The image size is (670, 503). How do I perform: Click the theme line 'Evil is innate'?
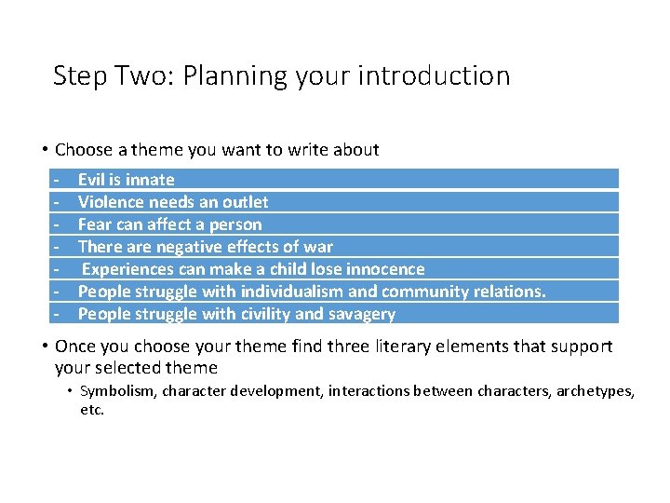126,180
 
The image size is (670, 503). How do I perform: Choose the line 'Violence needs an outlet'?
173,202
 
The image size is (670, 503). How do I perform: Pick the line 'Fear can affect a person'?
169,224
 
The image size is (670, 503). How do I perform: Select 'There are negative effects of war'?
205,247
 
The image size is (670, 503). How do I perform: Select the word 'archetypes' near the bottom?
595,392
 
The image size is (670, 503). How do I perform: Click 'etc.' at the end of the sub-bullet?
92,409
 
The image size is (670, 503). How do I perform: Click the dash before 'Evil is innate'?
57,180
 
